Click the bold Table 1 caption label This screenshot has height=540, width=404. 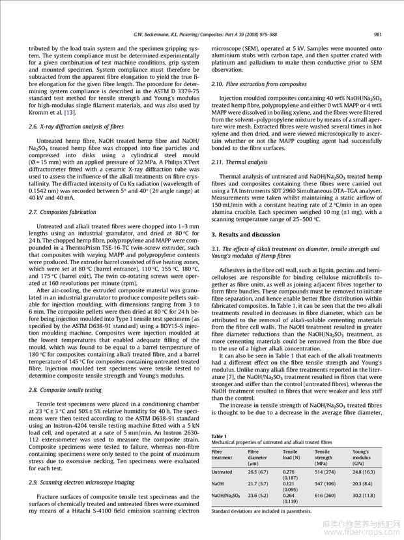coord(220,436)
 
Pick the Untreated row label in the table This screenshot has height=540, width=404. coord(222,472)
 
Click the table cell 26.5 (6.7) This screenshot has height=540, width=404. coord(259,472)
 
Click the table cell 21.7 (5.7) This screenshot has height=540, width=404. coord(259,484)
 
